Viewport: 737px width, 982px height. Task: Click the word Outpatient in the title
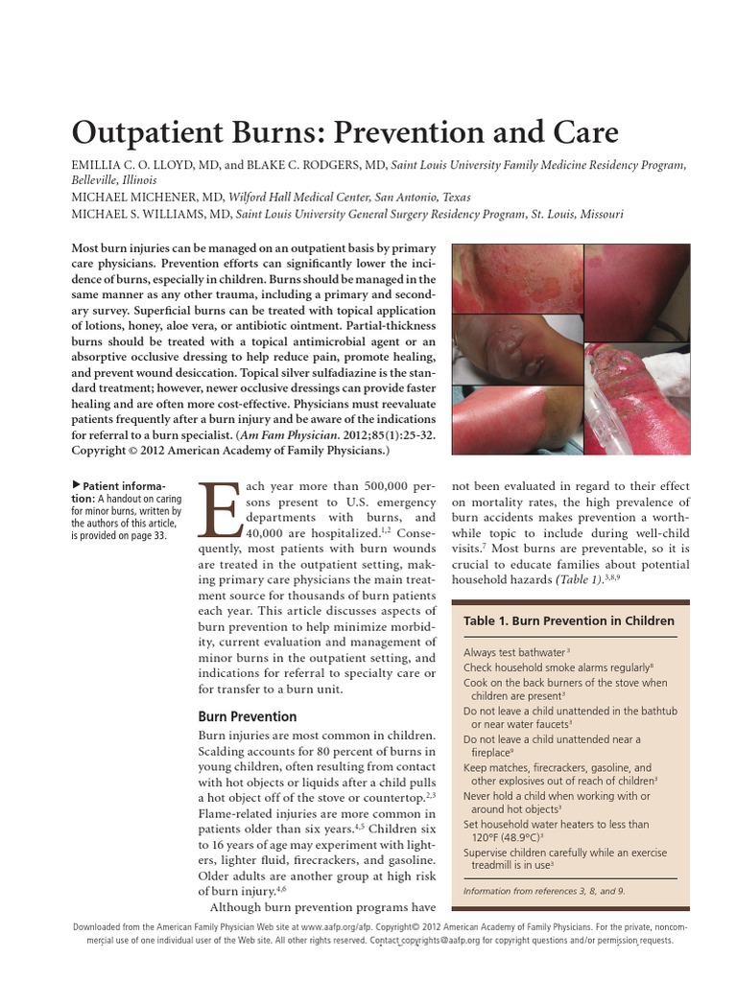(159, 132)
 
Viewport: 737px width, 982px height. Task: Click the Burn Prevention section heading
(247, 716)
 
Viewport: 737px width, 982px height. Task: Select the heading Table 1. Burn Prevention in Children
(568, 620)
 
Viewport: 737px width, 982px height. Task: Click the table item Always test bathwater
(512, 652)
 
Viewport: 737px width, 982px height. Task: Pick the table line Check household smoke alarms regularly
(557, 667)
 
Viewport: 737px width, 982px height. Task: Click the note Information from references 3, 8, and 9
(543, 891)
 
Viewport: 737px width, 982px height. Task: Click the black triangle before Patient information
(77, 486)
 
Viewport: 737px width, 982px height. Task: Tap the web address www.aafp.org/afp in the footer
(343, 928)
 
